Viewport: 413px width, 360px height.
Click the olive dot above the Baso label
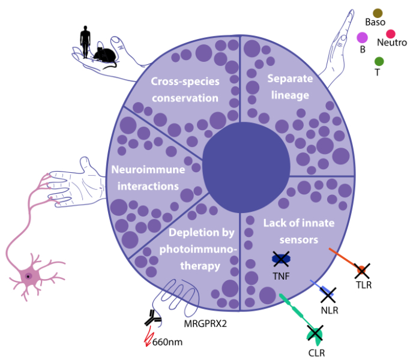click(x=378, y=13)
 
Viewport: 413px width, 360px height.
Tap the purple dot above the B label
click(x=362, y=37)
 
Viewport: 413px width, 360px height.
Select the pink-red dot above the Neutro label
click(x=391, y=34)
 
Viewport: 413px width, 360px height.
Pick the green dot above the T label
click(x=379, y=61)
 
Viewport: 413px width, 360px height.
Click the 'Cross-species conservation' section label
click(x=185, y=89)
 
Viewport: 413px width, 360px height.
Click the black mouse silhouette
click(x=104, y=56)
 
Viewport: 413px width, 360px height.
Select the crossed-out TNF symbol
click(x=281, y=259)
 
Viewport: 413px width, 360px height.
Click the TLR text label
click(x=364, y=285)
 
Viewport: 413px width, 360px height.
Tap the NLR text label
click(x=328, y=311)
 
